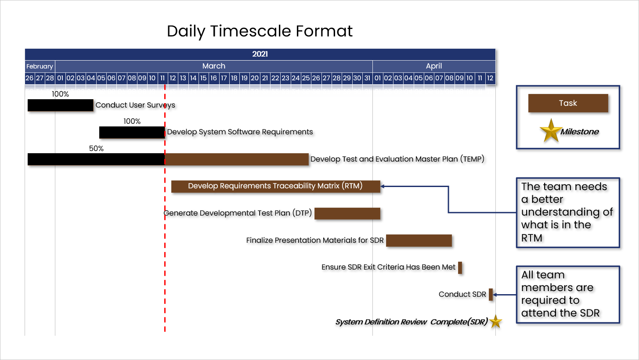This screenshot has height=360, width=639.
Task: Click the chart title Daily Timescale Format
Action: point(260,31)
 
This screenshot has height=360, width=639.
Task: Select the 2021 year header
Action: point(260,54)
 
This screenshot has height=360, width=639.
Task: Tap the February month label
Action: point(40,66)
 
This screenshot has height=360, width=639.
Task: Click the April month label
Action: point(434,66)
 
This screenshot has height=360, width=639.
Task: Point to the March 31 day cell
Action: point(367,78)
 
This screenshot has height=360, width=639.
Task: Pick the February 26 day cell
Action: point(29,78)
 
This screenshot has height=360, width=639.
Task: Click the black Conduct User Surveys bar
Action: point(61,105)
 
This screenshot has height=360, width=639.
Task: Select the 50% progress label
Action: point(96,149)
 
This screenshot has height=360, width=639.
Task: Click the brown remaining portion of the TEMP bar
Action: point(237,159)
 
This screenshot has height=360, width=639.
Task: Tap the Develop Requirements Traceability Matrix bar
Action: point(275,186)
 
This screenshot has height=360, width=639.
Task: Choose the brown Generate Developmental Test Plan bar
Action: point(347,213)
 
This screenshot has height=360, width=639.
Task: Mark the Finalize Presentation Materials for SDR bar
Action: point(419,241)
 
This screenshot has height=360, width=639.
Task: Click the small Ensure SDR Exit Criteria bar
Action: point(460,267)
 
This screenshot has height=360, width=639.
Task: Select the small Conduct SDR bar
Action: point(491,295)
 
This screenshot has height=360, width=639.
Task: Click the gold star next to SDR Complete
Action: point(495,321)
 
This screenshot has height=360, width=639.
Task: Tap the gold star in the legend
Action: point(551,131)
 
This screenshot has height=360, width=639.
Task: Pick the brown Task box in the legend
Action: point(568,103)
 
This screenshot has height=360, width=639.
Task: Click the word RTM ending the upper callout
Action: point(532,238)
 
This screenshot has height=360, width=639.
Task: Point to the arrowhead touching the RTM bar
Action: point(382,186)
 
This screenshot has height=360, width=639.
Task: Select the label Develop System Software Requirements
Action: point(240,132)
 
